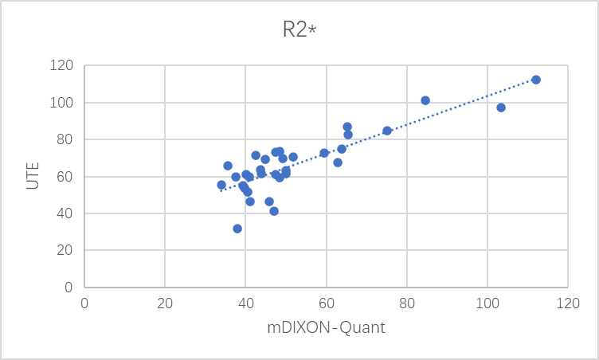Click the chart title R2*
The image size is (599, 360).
[299, 30]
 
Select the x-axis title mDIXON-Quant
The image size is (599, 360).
[325, 327]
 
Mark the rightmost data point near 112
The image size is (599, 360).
[536, 80]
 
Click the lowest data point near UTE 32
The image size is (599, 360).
[237, 229]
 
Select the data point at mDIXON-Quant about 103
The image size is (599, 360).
[501, 108]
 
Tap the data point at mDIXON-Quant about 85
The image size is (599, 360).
[425, 100]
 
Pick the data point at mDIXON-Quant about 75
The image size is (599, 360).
[387, 131]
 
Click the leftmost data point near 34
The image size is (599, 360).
[221, 185]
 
